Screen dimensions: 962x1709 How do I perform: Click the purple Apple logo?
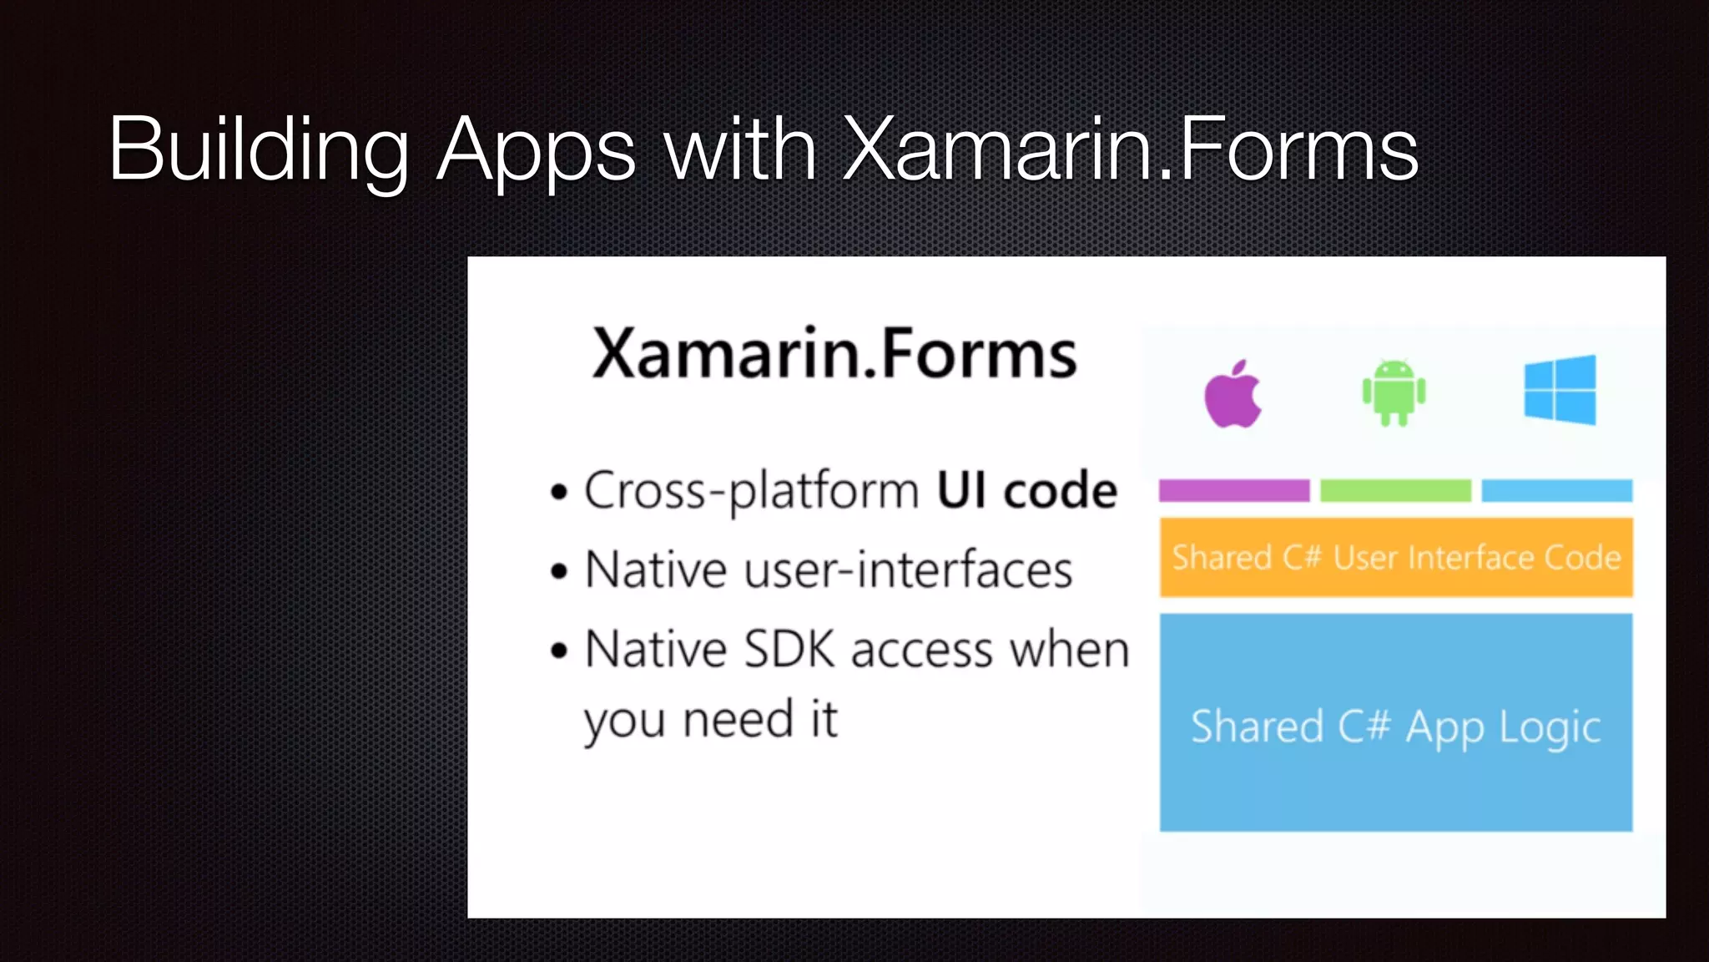click(x=1233, y=395)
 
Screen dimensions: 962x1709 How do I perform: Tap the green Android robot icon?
click(x=1394, y=392)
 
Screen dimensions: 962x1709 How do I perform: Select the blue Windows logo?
click(x=1560, y=390)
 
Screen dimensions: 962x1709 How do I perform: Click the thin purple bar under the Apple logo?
click(x=1234, y=490)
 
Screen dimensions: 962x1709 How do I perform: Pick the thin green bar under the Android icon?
click(x=1395, y=490)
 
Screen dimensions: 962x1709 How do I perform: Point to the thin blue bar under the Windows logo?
click(x=1556, y=490)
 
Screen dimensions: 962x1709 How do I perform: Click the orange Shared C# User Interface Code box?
click(x=1396, y=557)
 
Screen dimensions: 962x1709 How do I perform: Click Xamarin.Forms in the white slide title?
click(x=1131, y=150)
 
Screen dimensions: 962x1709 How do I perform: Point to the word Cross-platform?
click(x=751, y=491)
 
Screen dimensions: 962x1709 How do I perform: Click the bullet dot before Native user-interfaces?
click(x=559, y=572)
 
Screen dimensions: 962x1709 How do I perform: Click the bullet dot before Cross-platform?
click(x=559, y=492)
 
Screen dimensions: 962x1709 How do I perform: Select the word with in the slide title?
click(x=740, y=150)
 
